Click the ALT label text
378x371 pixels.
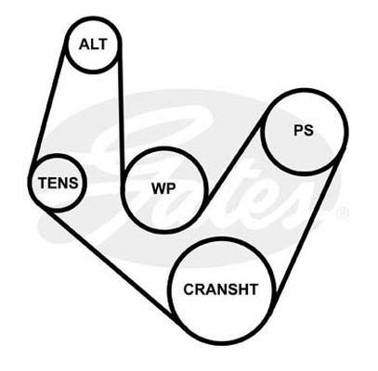93,45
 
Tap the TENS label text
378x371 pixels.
58,183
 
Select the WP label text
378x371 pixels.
163,188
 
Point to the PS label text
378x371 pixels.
304,130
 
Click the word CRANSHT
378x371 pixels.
221,289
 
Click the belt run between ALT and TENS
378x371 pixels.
48,104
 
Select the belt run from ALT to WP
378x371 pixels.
121,114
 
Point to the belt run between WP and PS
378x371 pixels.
236,158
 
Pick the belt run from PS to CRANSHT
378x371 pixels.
305,229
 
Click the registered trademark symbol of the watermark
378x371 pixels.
343,212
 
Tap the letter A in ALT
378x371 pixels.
84,45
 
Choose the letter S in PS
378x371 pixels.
308,130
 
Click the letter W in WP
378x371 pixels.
159,188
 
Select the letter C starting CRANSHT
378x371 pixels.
189,289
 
